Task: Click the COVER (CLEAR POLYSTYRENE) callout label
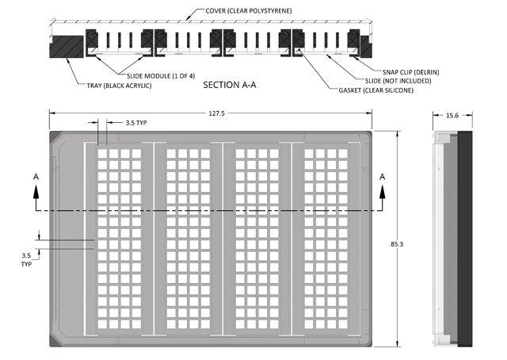pyautogui.click(x=249, y=10)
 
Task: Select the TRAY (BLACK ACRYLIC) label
pyautogui.click(x=119, y=86)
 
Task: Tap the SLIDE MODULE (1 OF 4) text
pyautogui.click(x=161, y=76)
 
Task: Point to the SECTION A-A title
pyautogui.click(x=230, y=85)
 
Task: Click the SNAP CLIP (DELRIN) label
pyautogui.click(x=410, y=72)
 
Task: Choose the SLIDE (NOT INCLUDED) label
pyautogui.click(x=398, y=81)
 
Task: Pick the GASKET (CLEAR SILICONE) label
pyautogui.click(x=375, y=90)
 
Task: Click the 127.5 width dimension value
pyautogui.click(x=216, y=113)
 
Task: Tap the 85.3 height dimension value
pyautogui.click(x=397, y=244)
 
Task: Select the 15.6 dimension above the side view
pyautogui.click(x=452, y=116)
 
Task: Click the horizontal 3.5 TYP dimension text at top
pyautogui.click(x=136, y=123)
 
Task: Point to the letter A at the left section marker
pyautogui.click(x=36, y=177)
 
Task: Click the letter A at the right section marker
pyautogui.click(x=382, y=177)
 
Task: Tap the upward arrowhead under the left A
pyautogui.click(x=36, y=192)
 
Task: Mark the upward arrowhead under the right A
pyautogui.click(x=382, y=192)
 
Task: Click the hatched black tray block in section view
pyautogui.click(x=67, y=47)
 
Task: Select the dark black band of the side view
pyautogui.click(x=465, y=239)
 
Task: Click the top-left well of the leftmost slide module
pyautogui.click(x=102, y=154)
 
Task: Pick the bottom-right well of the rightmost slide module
pyautogui.click(x=343, y=324)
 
